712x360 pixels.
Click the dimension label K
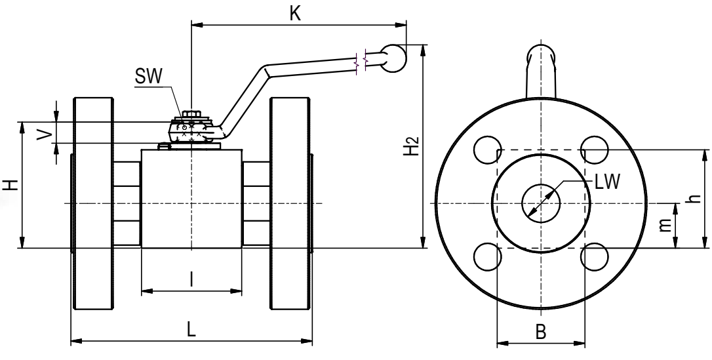coord(296,13)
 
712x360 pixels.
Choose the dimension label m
coord(665,225)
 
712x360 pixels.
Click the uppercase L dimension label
coord(191,330)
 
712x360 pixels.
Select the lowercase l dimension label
coord(191,280)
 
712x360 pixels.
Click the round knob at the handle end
coord(393,56)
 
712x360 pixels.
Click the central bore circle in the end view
coord(541,203)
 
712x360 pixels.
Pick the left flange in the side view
coord(94,203)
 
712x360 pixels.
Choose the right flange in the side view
coord(289,203)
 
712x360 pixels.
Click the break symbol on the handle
coord(361,61)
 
